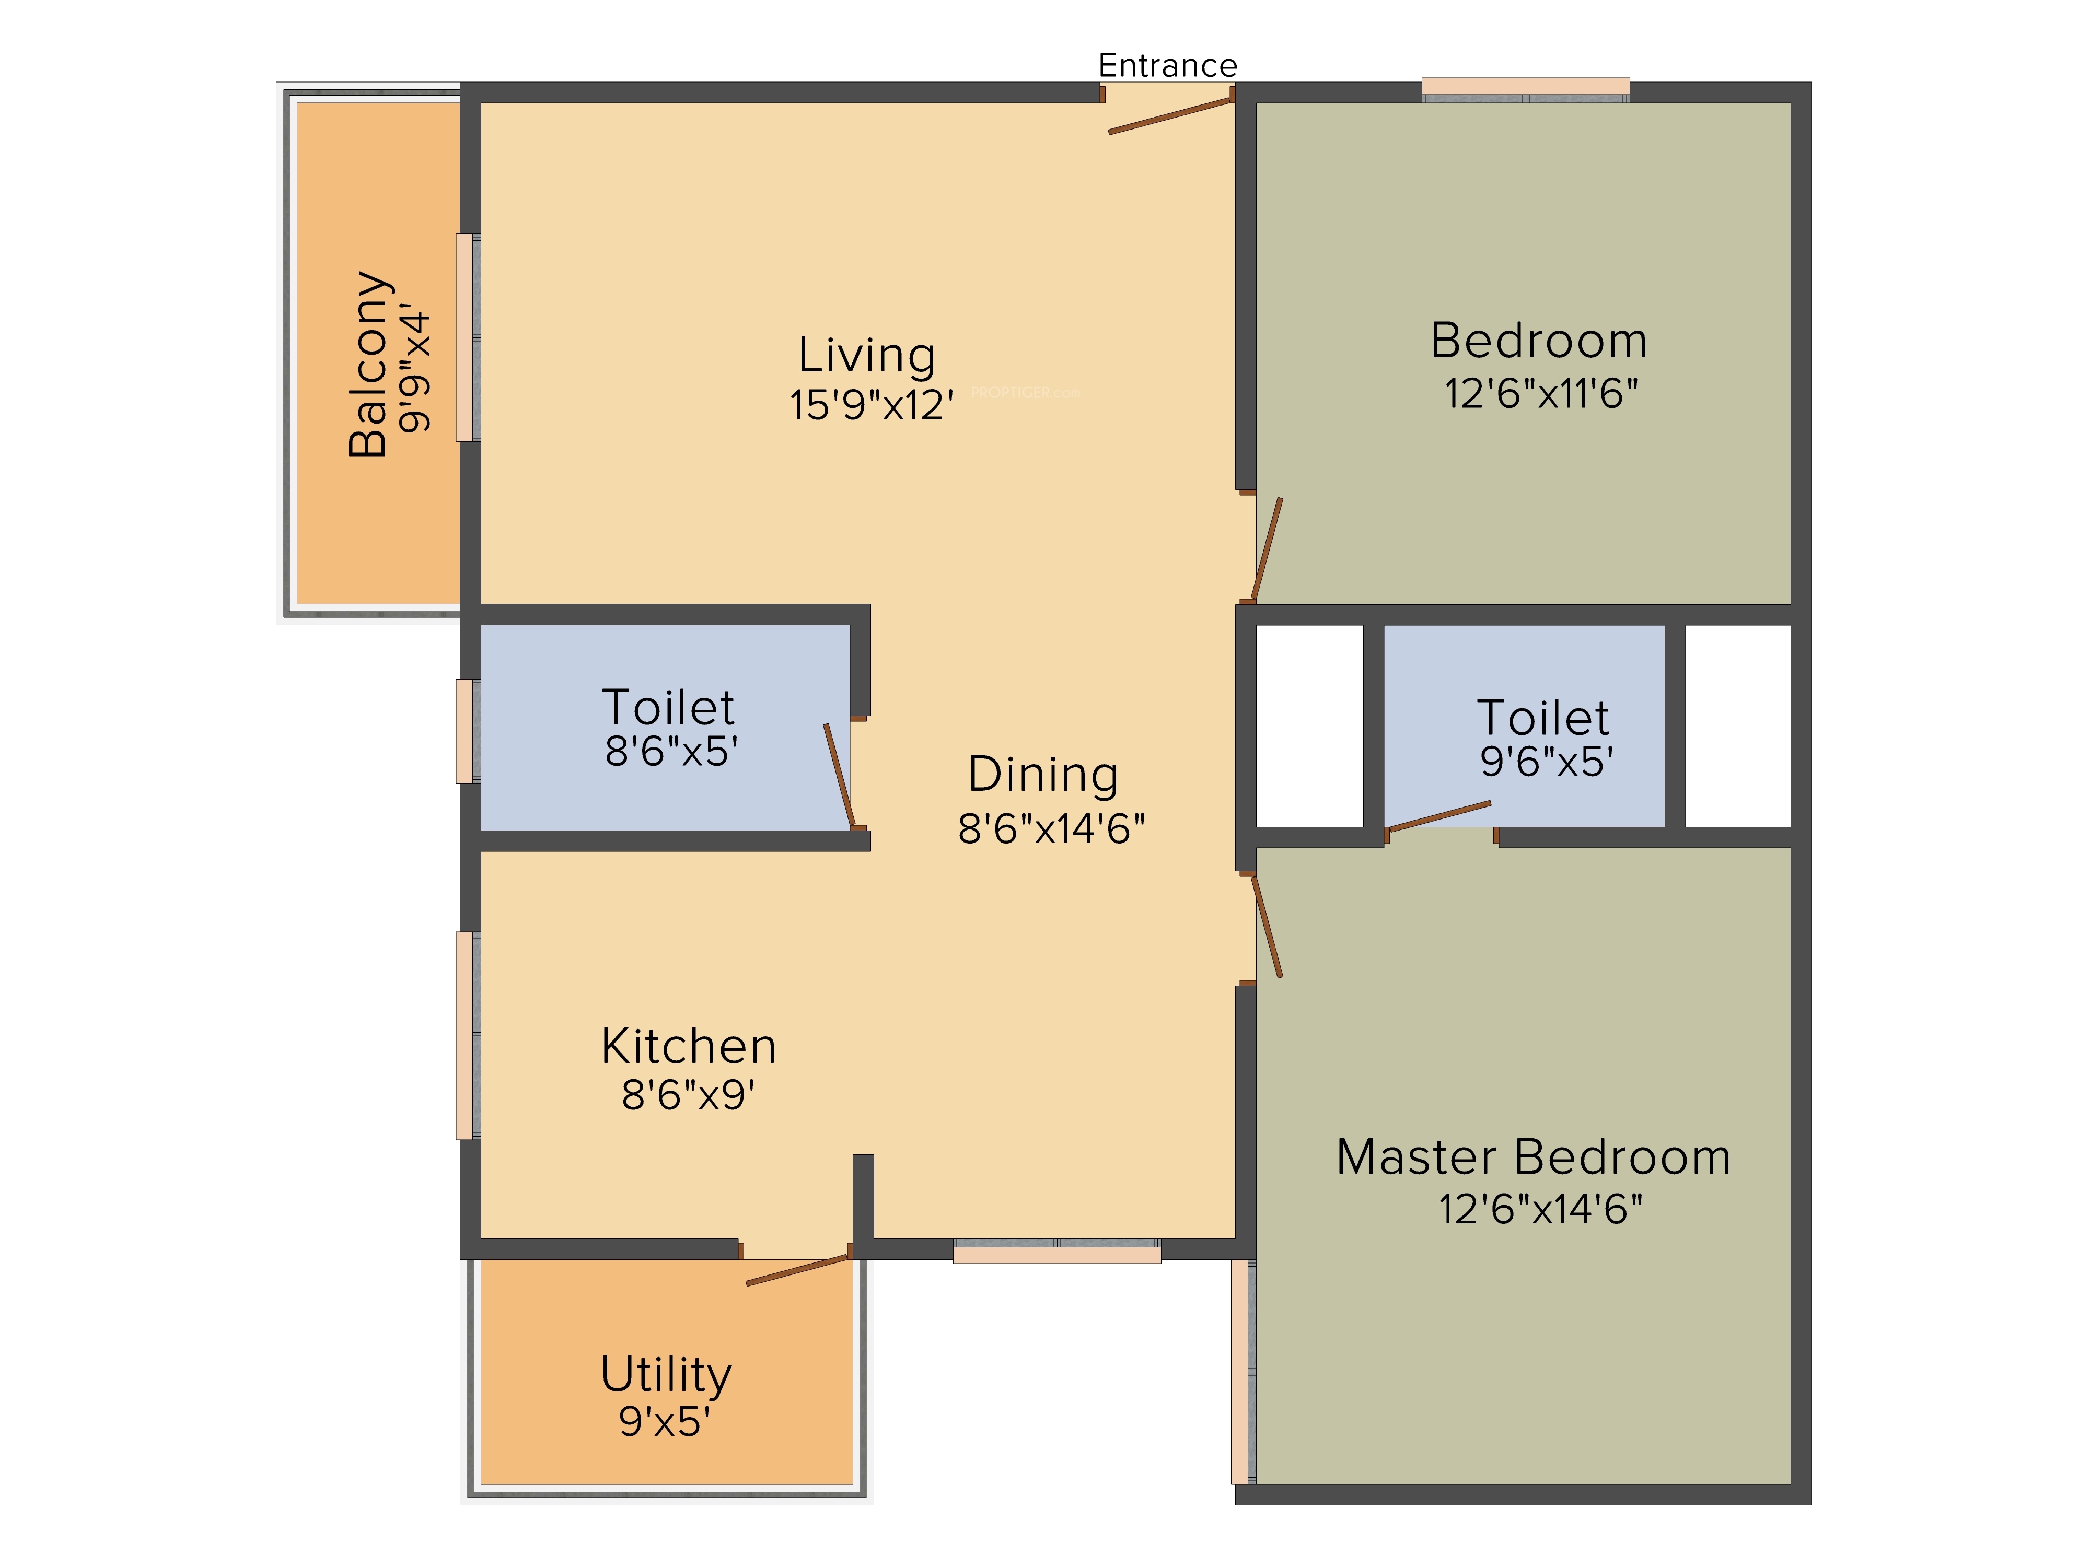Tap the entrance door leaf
click(1171, 115)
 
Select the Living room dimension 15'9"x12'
click(871, 405)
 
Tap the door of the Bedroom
click(1267, 549)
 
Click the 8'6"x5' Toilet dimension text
click(671, 752)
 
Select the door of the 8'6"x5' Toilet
click(839, 776)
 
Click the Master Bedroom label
click(1534, 1157)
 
